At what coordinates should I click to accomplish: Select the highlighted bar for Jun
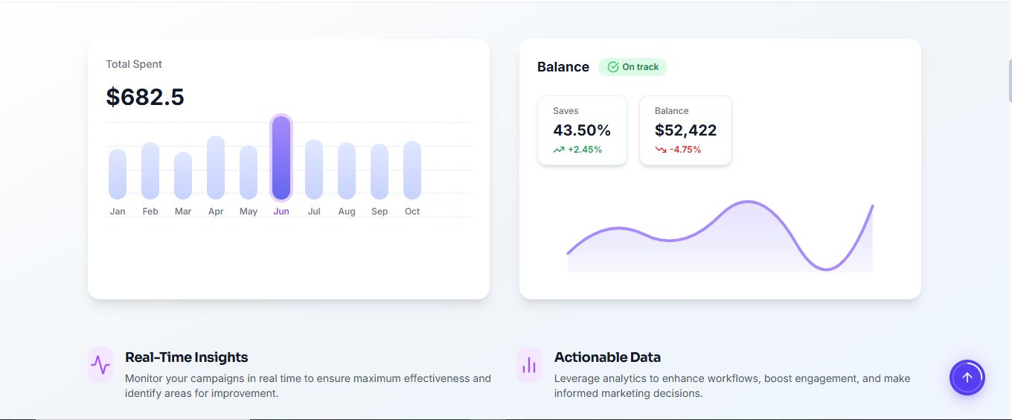[281, 158]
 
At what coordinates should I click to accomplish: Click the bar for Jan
[118, 174]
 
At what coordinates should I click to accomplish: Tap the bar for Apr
[216, 168]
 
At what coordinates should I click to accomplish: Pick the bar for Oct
[412, 170]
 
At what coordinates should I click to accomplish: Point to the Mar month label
[183, 211]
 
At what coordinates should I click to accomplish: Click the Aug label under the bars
[347, 211]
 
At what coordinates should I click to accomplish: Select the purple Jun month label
[281, 211]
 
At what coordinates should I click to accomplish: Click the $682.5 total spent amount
[145, 97]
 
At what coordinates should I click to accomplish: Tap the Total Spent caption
[134, 64]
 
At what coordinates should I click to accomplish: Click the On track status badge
[632, 67]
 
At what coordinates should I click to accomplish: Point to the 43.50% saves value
[582, 130]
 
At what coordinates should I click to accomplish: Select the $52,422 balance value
[685, 130]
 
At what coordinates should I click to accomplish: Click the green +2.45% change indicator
[578, 150]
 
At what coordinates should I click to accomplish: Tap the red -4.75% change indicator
[678, 150]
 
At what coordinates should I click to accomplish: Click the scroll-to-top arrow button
[967, 378]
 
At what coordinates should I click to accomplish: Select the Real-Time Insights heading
[187, 357]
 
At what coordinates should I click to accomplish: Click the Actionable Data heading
[607, 357]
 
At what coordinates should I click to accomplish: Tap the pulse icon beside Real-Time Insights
[100, 365]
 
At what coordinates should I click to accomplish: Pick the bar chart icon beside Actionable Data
[529, 365]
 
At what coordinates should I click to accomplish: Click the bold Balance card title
[563, 67]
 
